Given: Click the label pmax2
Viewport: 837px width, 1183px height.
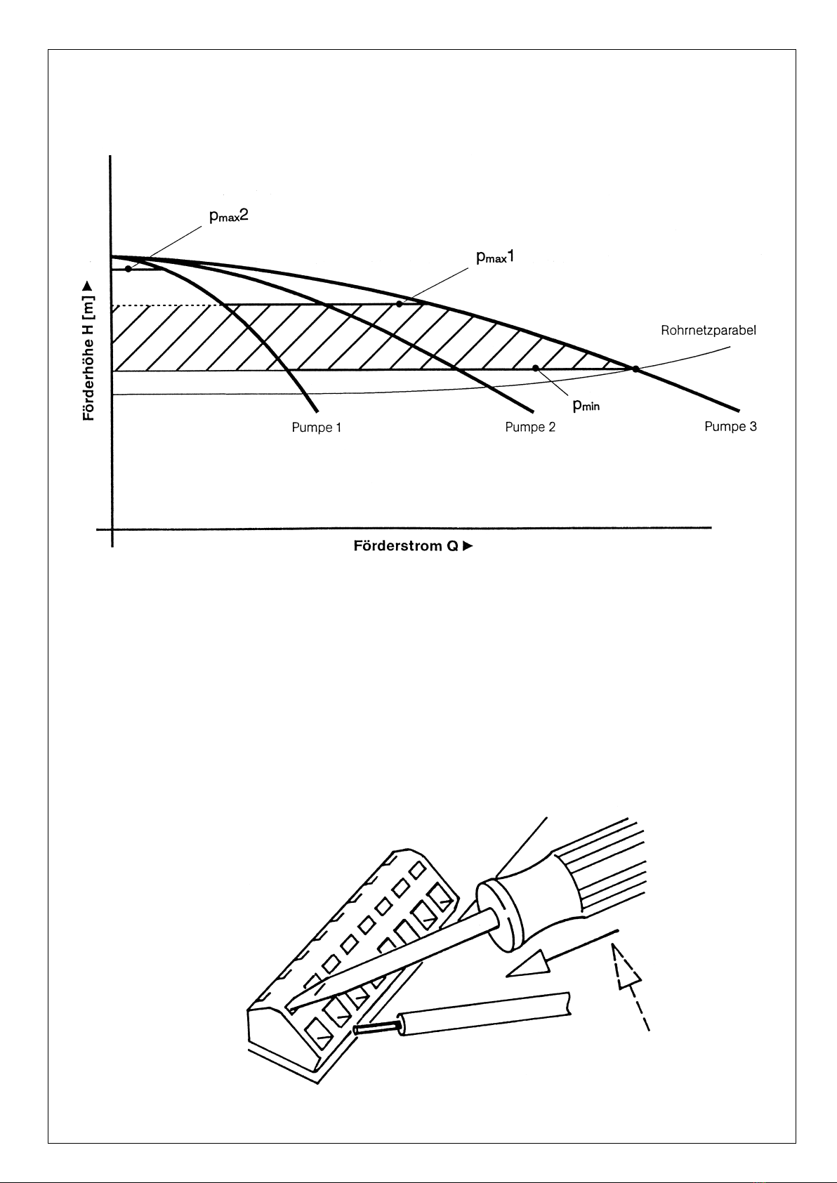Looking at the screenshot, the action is tap(229, 216).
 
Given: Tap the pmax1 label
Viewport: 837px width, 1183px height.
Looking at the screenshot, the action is tap(495, 257).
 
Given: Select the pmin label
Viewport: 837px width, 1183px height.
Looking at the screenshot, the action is tap(586, 405).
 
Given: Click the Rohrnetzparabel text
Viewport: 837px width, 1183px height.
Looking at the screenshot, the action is tap(708, 331).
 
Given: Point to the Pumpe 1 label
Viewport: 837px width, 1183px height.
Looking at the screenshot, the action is tap(316, 428).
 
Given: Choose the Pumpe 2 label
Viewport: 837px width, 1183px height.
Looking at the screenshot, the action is tap(530, 427).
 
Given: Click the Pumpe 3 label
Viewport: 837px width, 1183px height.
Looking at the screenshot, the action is tap(730, 426).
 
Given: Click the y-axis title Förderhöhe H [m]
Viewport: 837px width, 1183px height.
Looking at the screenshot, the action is tap(88, 350).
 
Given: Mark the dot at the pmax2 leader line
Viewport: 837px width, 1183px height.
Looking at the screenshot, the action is tap(128, 269).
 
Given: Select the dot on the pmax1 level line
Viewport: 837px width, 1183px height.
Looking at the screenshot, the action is tap(400, 304).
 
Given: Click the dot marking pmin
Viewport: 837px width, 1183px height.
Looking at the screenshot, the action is tap(536, 368).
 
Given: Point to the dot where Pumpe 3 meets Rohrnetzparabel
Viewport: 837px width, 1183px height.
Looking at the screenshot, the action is tap(635, 369).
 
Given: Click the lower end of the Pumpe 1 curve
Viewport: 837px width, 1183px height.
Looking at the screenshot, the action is tap(317, 411).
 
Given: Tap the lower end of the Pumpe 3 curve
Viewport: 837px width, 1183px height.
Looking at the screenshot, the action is tap(739, 410).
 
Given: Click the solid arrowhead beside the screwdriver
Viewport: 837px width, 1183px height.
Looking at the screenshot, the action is tap(529, 965).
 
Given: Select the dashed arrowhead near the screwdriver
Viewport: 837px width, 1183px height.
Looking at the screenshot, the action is tap(625, 966).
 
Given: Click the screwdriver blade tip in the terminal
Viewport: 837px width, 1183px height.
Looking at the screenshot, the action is tap(291, 1010).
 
